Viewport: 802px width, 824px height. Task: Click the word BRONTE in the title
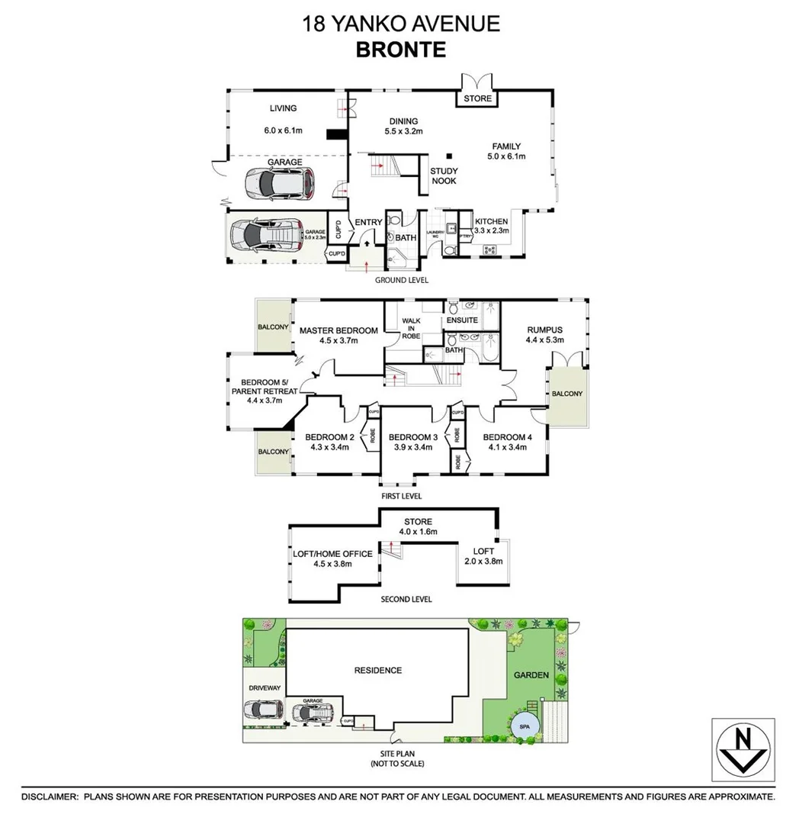[x=400, y=50]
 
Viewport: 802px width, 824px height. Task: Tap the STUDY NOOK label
[x=443, y=176]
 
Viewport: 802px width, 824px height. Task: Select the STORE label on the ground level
[x=478, y=99]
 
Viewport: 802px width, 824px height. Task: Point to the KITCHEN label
[x=491, y=222]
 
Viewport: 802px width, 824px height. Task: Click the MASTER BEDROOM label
[x=338, y=330]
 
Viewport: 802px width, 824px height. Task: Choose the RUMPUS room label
[x=544, y=330]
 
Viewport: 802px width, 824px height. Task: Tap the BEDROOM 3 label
[x=412, y=437]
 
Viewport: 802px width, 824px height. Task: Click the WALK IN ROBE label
[x=411, y=328]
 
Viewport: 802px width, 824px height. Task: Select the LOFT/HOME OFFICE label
[x=333, y=554]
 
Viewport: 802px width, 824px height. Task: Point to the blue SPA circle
[x=525, y=725]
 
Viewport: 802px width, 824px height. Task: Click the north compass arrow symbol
[x=743, y=750]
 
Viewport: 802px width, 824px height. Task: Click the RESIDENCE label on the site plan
[x=377, y=671]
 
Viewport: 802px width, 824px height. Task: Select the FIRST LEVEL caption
[x=402, y=496]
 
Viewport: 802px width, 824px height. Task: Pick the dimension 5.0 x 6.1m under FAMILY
[x=506, y=156]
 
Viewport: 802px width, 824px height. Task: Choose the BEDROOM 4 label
[x=505, y=437]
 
